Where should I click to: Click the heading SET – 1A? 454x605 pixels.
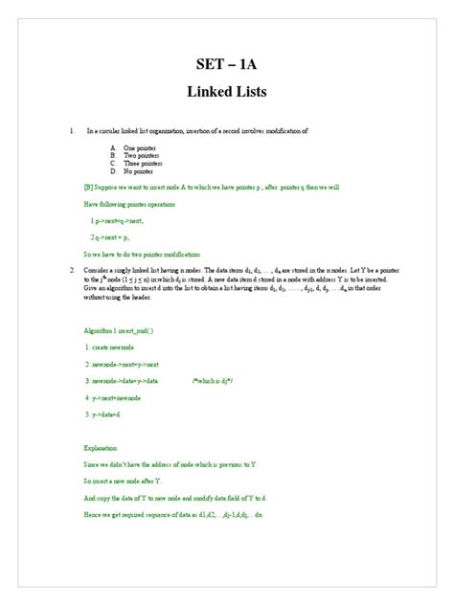tap(227, 64)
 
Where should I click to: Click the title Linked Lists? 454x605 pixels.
tap(227, 93)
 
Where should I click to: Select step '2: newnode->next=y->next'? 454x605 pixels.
tap(122, 364)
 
